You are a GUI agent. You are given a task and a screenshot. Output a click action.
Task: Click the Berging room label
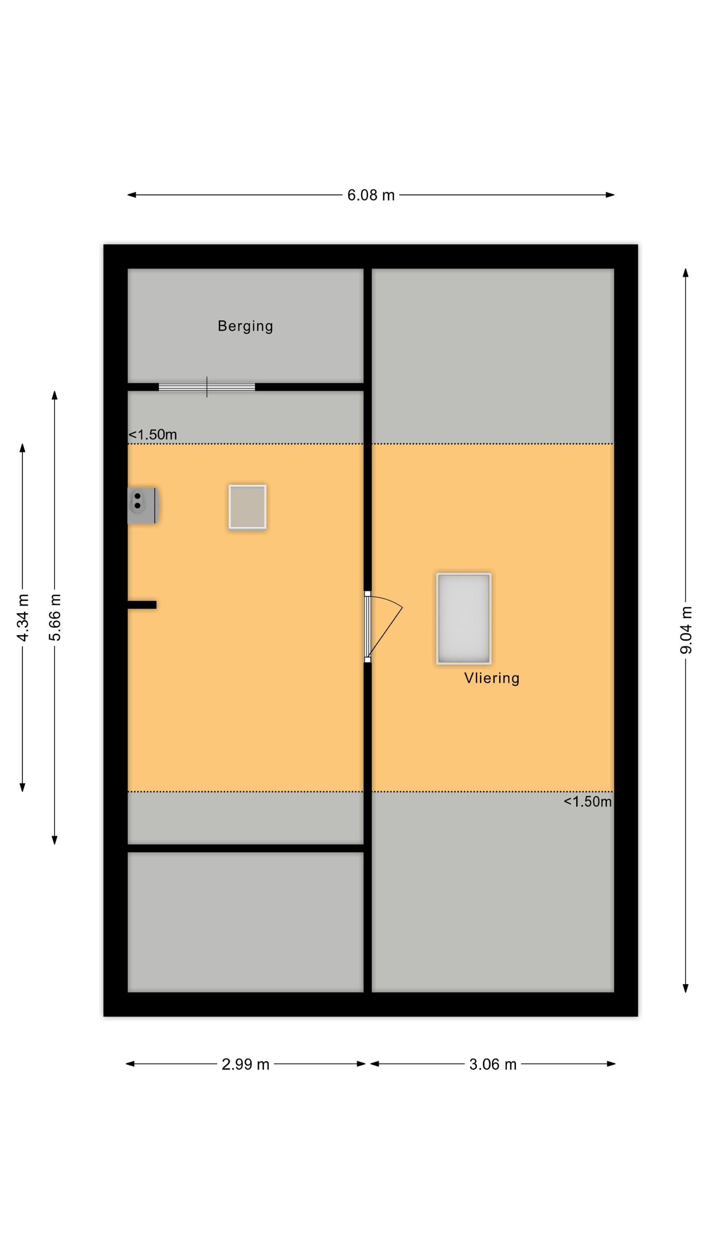coord(245,326)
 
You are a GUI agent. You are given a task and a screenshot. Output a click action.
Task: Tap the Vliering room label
coord(492,678)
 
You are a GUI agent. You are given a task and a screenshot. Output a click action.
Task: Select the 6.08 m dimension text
coord(370,196)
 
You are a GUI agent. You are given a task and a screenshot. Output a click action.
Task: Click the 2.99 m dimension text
coord(245,1064)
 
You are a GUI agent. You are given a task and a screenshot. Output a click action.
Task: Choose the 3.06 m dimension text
coord(492,1064)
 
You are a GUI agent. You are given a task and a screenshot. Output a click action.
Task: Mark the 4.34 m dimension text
coord(23,617)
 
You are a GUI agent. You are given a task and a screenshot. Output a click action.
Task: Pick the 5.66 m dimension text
coord(55,617)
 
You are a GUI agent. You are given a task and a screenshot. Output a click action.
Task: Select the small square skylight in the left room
coord(247,507)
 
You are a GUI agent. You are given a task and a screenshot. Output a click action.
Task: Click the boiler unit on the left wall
coord(143,505)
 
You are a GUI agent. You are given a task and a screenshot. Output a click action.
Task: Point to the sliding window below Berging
coord(207,387)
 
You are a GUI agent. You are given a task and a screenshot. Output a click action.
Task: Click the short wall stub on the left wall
coord(142,605)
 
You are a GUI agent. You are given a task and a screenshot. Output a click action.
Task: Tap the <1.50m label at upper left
coord(152,434)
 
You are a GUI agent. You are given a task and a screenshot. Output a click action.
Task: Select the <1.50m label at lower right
coord(587,802)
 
